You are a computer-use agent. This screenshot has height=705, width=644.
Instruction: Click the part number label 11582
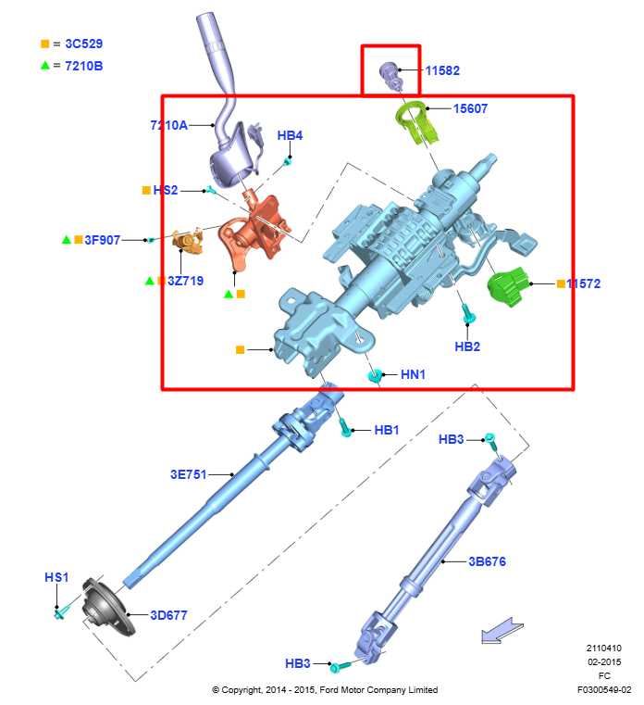click(x=442, y=70)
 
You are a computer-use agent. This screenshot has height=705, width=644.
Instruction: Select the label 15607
click(x=470, y=109)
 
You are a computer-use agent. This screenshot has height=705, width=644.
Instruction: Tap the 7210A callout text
click(x=169, y=125)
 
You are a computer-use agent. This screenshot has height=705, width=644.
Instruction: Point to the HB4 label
click(x=290, y=136)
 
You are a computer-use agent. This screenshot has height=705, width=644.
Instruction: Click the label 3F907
click(x=103, y=240)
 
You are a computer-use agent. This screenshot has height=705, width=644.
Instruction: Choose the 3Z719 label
click(x=185, y=281)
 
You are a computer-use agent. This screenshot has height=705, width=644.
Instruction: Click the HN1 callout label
click(x=414, y=375)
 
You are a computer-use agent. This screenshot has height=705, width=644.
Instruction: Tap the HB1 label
click(x=387, y=431)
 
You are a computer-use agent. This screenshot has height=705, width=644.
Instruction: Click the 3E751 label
click(x=188, y=474)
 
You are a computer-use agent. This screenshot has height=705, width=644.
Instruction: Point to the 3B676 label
click(x=487, y=561)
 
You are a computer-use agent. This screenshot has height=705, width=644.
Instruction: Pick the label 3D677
click(x=169, y=614)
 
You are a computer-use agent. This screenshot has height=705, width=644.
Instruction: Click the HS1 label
click(x=56, y=577)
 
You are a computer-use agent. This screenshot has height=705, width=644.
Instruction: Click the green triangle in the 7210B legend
click(x=44, y=66)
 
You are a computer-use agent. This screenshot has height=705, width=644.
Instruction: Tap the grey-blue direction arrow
click(x=502, y=632)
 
